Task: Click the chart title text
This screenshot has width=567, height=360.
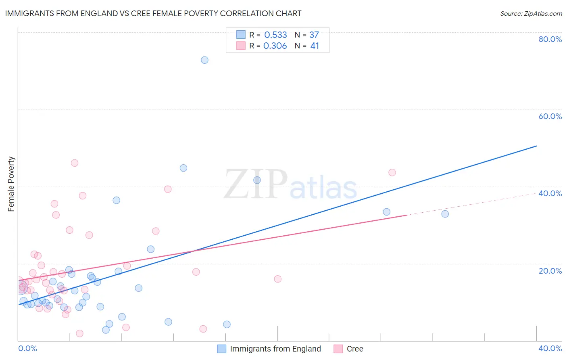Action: pyautogui.click(x=153, y=13)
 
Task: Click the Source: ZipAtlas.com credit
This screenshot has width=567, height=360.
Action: pyautogui.click(x=531, y=13)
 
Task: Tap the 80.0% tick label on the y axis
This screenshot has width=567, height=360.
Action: pyautogui.click(x=550, y=39)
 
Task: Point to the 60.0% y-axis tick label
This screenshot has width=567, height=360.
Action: pyautogui.click(x=550, y=116)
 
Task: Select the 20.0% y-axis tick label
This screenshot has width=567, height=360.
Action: pyautogui.click(x=550, y=271)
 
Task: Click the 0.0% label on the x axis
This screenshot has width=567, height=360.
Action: pyautogui.click(x=27, y=349)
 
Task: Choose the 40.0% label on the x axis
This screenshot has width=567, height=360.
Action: pyautogui.click(x=550, y=349)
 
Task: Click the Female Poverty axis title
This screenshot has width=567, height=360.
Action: pyautogui.click(x=11, y=184)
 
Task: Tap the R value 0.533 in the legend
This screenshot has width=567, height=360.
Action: pyautogui.click(x=275, y=35)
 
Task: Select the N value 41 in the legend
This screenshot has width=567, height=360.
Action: pyautogui.click(x=315, y=46)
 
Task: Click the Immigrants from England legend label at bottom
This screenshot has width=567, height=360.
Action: pyautogui.click(x=275, y=349)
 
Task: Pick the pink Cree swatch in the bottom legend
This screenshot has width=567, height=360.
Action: pyautogui.click(x=338, y=349)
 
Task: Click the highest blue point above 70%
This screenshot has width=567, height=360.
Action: pyautogui.click(x=204, y=60)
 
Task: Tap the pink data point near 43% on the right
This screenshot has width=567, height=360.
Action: pyautogui.click(x=392, y=173)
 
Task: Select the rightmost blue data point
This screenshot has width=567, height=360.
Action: pyautogui.click(x=445, y=214)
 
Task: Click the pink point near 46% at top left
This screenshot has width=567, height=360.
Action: pyautogui.click(x=75, y=163)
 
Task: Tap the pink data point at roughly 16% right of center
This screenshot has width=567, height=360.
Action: pyautogui.click(x=277, y=279)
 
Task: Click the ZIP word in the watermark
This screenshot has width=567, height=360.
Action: pyautogui.click(x=256, y=185)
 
